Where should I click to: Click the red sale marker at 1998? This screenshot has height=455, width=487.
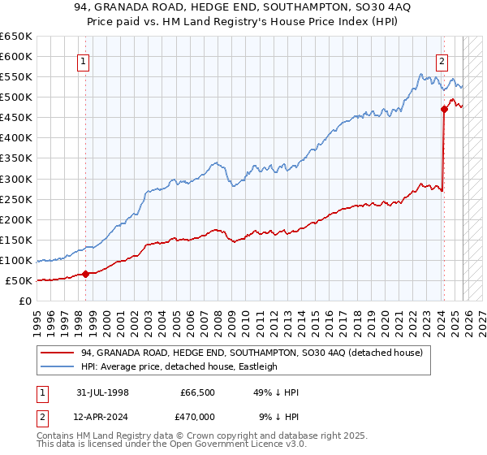(x=85, y=274)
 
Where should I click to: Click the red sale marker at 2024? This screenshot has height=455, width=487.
(x=444, y=109)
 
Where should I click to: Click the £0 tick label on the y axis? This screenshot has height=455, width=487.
(x=24, y=301)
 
